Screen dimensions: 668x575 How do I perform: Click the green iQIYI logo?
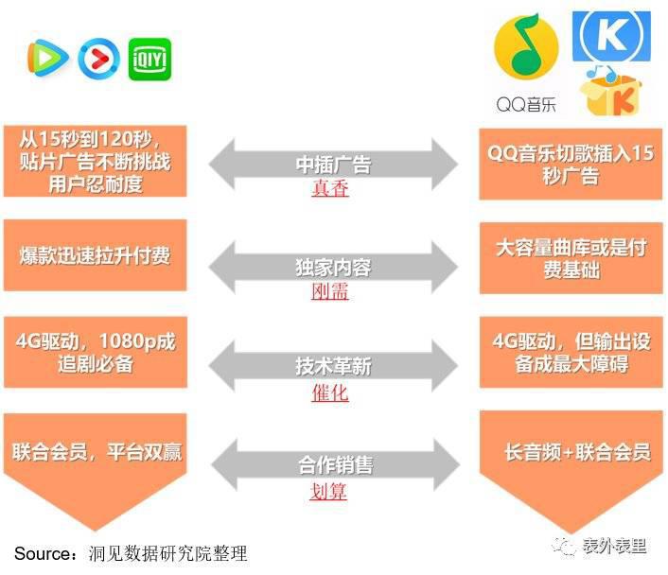pos(149,59)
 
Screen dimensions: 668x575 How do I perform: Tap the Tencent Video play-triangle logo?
pos(47,58)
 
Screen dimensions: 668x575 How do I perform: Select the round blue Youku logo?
pos(98,59)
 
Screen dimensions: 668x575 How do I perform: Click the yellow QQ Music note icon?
pos(526,46)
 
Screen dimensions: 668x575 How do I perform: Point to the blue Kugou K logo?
pos(611,37)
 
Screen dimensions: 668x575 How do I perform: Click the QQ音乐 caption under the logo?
pos(527,104)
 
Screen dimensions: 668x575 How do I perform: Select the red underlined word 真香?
pos(330,188)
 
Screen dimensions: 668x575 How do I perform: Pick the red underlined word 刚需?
pos(330,291)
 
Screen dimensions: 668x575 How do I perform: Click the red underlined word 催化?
pos(330,392)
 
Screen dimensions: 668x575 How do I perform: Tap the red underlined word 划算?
pos(328,491)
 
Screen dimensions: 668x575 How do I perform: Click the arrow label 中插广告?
pos(334,165)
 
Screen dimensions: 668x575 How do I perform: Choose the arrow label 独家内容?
pos(334,268)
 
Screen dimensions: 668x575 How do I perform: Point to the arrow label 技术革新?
pos(334,366)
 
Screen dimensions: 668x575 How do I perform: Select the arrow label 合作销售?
pos(336,464)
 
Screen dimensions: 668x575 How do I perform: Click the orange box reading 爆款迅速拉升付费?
pos(95,255)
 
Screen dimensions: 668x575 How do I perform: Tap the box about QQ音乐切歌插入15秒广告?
pos(571,164)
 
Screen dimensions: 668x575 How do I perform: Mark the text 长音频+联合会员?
pos(578,452)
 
